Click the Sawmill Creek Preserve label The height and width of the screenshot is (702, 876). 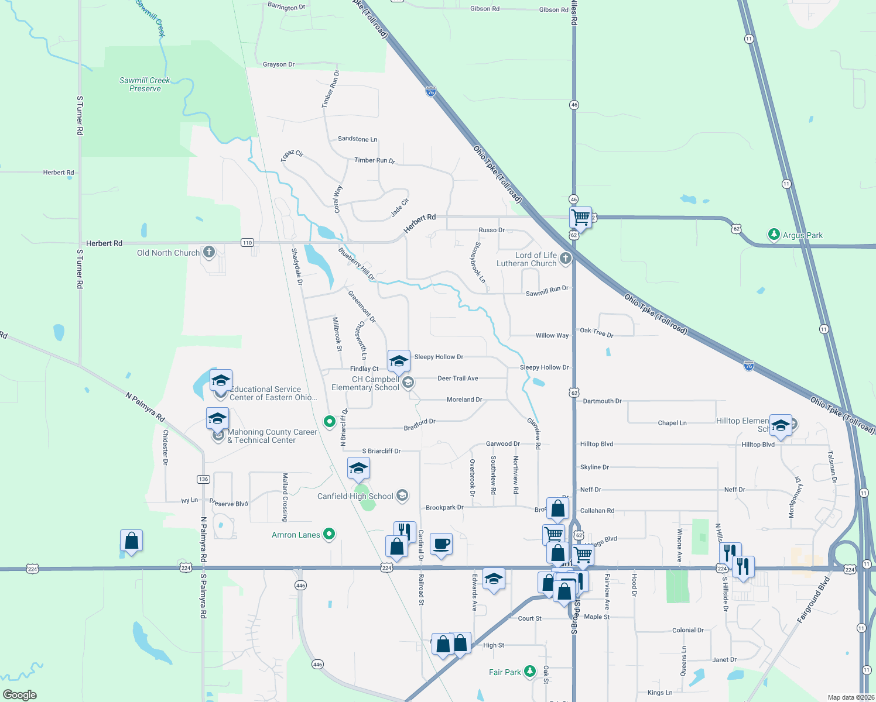tap(145, 85)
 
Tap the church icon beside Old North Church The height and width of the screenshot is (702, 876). tap(209, 252)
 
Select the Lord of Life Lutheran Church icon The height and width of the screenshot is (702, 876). tap(565, 259)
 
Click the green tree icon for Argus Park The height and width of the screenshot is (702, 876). tap(774, 235)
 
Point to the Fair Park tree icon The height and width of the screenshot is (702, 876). tap(530, 672)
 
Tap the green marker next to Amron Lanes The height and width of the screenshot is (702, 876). tap(329, 534)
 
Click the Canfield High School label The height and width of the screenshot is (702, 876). tap(355, 496)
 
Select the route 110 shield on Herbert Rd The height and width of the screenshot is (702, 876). tap(247, 243)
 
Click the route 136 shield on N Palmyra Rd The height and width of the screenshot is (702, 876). tap(203, 479)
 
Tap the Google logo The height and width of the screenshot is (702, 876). tap(20, 695)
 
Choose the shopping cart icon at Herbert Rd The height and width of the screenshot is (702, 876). tap(580, 218)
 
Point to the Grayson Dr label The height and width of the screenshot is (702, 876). tap(279, 64)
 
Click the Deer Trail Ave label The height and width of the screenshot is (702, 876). tap(458, 378)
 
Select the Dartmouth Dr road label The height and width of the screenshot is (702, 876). tap(602, 401)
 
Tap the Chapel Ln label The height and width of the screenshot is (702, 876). tap(672, 423)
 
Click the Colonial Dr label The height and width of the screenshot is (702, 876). tap(688, 630)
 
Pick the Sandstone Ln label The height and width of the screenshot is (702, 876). tap(357, 139)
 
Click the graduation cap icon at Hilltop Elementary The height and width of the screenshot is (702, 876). tap(781, 425)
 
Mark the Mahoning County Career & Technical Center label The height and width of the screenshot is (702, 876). tap(272, 436)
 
